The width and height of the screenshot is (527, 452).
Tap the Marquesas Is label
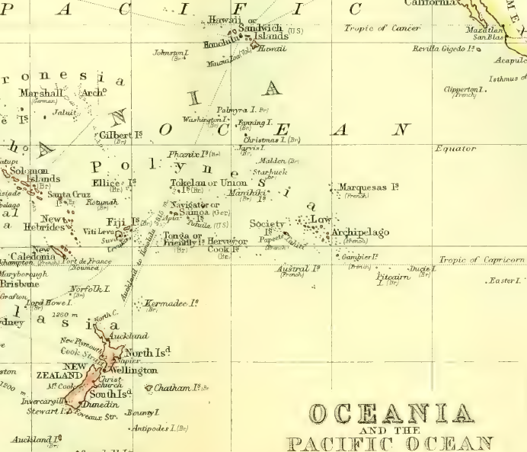tap(369, 187)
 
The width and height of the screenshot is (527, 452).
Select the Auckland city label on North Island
tap(127, 335)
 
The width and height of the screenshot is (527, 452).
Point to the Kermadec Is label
tap(171, 303)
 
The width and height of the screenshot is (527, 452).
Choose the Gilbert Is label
tap(121, 135)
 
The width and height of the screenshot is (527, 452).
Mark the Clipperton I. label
tap(464, 89)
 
